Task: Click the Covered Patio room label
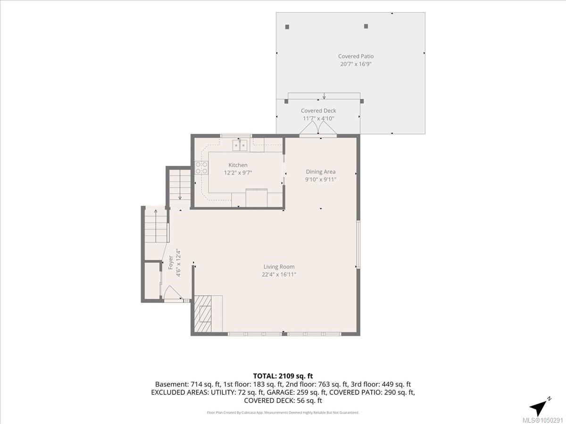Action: tap(356, 56)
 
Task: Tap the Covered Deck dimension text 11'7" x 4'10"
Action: tap(318, 118)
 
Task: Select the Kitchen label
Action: tap(238, 165)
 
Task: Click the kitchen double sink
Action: tap(240, 145)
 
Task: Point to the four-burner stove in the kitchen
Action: tap(201, 168)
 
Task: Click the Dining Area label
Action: tap(321, 171)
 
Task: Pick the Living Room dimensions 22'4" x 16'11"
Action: tap(279, 275)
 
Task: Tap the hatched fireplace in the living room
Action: tap(203, 314)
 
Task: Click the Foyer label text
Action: tap(170, 262)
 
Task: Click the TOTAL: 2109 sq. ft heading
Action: tap(283, 376)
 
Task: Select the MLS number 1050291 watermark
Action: tap(542, 420)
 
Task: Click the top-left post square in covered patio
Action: tap(287, 27)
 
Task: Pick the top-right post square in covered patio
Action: tap(366, 26)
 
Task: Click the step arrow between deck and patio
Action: tap(324, 96)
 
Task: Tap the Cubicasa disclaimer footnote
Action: tap(283, 413)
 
